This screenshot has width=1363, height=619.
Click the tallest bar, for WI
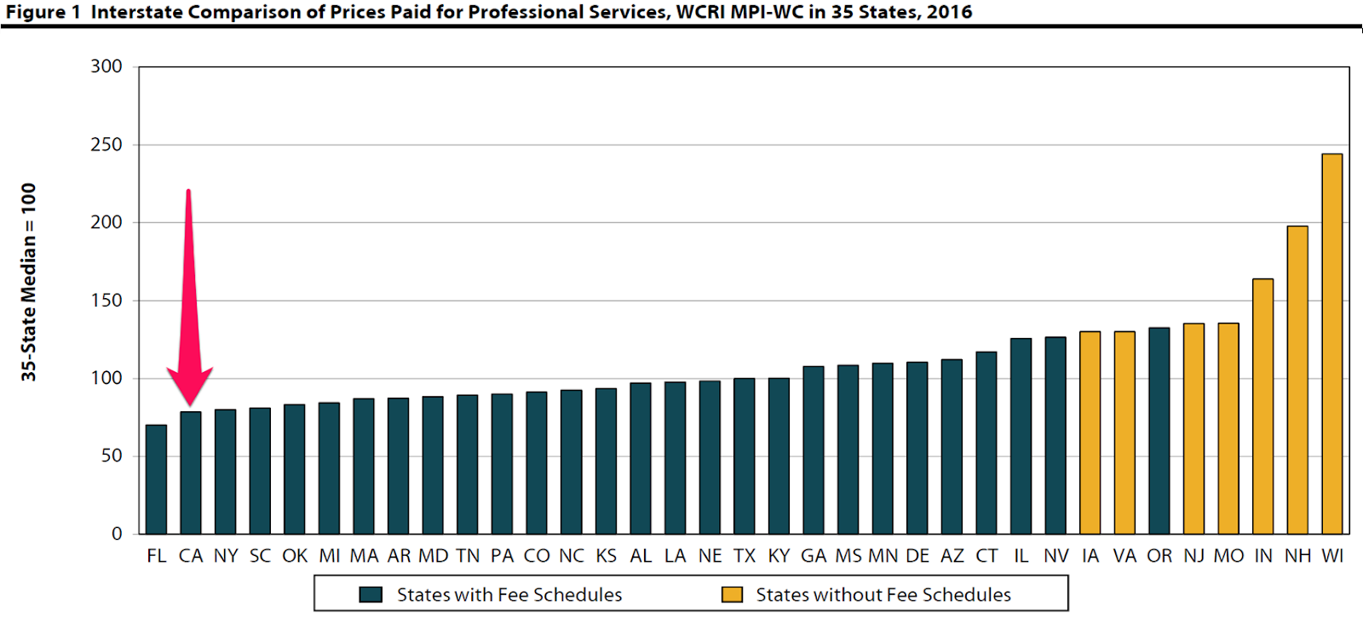[1332, 344]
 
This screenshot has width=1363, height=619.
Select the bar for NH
[1297, 380]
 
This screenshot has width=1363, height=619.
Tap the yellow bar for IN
[1262, 406]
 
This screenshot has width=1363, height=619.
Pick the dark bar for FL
[156, 479]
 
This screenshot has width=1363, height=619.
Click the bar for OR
[1159, 431]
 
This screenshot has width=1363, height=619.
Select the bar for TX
[744, 456]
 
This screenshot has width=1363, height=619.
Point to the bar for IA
[1090, 433]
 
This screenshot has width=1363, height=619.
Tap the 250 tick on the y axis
[106, 145]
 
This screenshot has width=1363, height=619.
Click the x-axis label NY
[226, 556]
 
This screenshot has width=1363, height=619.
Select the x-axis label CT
[986, 556]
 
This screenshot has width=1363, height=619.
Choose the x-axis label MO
[1228, 556]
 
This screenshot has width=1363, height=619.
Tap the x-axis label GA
[814, 556]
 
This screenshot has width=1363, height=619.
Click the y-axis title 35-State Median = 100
[29, 282]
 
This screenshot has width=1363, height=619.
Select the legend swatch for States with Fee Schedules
[371, 594]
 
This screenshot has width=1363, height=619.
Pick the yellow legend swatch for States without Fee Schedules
[732, 594]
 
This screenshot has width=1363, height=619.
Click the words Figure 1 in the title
[43, 12]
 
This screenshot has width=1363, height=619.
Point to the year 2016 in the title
[950, 12]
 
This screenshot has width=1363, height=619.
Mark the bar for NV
[1055, 435]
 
